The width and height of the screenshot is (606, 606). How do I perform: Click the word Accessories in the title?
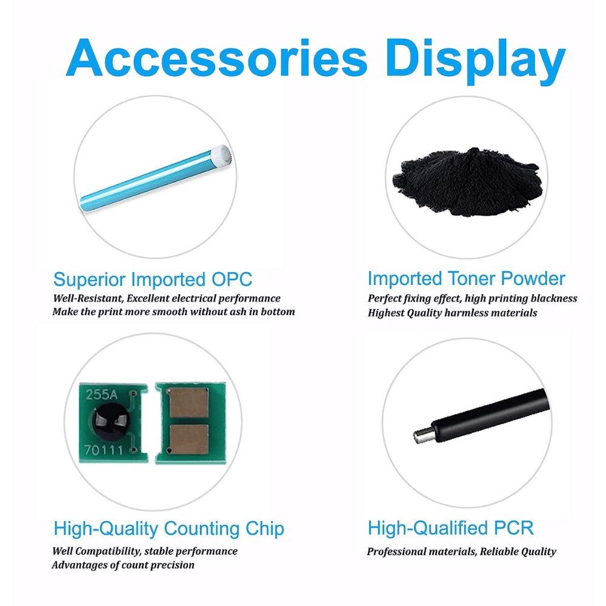[x=216, y=58]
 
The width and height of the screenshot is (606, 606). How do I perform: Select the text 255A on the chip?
[x=101, y=395]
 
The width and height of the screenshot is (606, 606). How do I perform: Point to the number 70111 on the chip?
[x=98, y=450]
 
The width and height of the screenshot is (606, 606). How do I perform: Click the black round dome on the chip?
[x=110, y=422]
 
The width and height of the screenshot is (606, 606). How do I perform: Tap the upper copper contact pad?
[x=189, y=403]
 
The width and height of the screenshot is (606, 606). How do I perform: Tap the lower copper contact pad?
[x=189, y=439]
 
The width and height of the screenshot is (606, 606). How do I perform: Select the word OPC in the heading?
[x=231, y=279]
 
